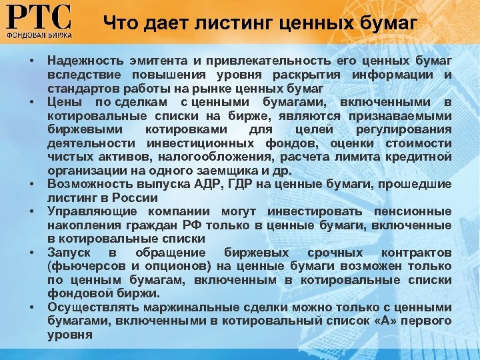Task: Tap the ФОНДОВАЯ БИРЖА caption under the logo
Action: pyautogui.click(x=39, y=33)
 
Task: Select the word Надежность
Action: pyautogui.click(x=81, y=61)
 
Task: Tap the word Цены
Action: pyautogui.click(x=63, y=102)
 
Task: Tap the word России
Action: pyautogui.click(x=137, y=197)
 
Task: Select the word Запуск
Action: pyautogui.click(x=69, y=253)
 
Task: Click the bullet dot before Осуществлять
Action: pyautogui.click(x=32, y=308)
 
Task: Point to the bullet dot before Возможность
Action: pyautogui.click(x=32, y=185)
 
